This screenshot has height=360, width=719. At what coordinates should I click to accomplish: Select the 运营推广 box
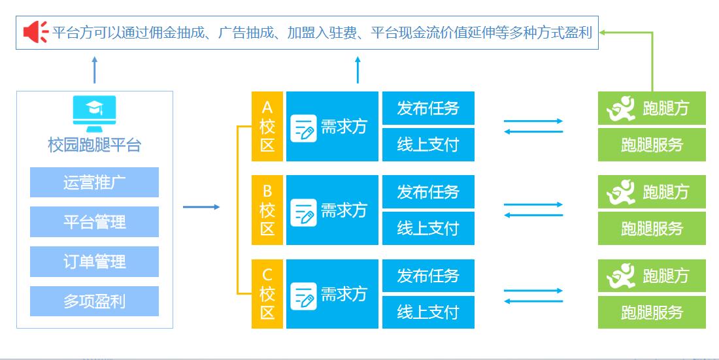(x=94, y=182)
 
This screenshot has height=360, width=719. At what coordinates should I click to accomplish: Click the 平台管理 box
(x=94, y=222)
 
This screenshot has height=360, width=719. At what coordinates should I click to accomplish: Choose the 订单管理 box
(x=94, y=262)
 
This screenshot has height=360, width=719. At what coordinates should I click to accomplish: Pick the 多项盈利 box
(x=94, y=301)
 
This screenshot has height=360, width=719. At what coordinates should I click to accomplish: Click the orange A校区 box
(x=267, y=126)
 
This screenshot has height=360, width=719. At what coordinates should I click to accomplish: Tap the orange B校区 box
(x=267, y=210)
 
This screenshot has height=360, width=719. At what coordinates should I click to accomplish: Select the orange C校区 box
(x=267, y=294)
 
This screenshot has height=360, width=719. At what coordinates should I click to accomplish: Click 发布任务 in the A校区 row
(x=428, y=108)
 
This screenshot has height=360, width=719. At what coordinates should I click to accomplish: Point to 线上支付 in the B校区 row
(x=428, y=228)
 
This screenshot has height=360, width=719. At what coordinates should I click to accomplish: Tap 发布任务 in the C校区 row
(x=428, y=276)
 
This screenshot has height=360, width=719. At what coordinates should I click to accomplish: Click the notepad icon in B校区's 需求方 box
(x=303, y=210)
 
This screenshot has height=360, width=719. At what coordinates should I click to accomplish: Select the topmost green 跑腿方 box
(x=652, y=108)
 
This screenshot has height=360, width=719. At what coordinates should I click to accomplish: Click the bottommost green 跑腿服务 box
(x=652, y=312)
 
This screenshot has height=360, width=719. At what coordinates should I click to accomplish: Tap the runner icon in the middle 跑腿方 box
(x=620, y=192)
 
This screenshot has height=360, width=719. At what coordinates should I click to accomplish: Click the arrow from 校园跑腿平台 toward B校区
(x=201, y=207)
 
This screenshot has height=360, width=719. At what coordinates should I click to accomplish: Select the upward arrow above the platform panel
(x=94, y=69)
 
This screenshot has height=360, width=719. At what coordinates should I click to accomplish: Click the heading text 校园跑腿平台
(x=94, y=145)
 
